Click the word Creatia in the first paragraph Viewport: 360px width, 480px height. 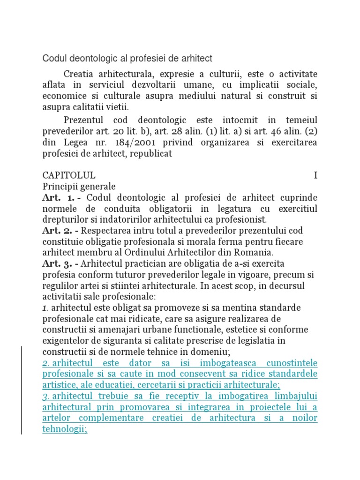(x=79, y=74)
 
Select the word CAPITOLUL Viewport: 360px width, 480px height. (x=69, y=175)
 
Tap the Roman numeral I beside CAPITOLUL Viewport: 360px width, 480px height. (x=315, y=175)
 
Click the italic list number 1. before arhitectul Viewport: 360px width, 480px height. (x=45, y=307)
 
